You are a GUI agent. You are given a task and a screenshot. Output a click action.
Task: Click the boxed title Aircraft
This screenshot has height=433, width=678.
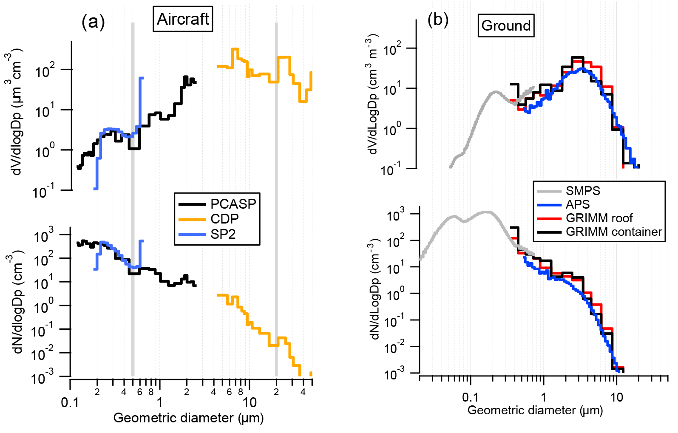tap(183, 19)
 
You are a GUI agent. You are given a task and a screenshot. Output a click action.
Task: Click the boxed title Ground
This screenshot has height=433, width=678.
tap(506, 25)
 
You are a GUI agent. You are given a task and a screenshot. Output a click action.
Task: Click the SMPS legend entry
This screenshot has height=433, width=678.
tap(583, 191)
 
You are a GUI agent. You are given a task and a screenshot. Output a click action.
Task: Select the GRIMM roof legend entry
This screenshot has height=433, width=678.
tap(599, 218)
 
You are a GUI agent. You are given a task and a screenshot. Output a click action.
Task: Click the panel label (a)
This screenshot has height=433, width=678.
tap(93, 22)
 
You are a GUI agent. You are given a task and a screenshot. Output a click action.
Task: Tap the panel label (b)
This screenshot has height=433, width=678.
tap(438, 19)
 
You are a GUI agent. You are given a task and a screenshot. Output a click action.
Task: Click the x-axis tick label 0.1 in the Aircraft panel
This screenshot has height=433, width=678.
tap(70, 402)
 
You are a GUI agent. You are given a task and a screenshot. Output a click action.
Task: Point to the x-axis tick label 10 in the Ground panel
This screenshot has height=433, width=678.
tap(616, 397)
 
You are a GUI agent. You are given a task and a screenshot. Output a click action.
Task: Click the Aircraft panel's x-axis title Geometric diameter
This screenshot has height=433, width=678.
tap(188, 418)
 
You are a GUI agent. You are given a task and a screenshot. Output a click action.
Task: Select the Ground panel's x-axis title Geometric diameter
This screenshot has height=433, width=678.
tap(535, 410)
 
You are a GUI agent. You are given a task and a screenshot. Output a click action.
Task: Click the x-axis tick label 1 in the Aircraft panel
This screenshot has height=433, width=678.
tap(160, 402)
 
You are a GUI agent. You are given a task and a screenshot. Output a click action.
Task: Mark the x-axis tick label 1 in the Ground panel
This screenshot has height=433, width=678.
tap(543, 397)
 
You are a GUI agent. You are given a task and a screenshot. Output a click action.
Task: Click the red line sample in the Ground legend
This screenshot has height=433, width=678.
tap(549, 218)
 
